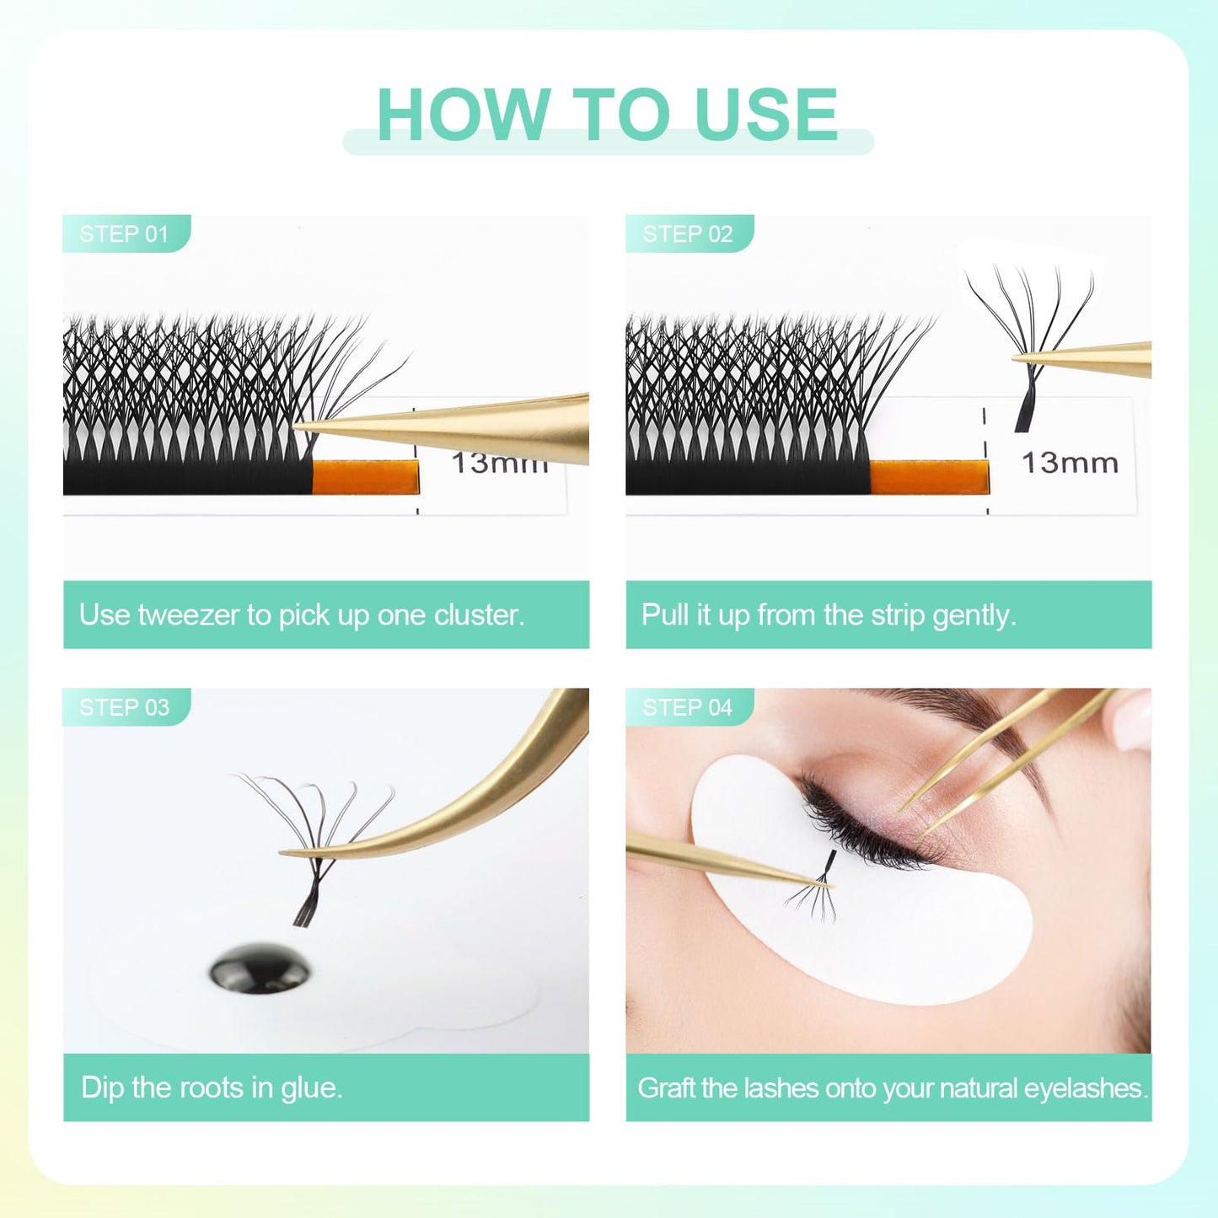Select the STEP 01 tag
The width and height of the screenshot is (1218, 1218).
126,233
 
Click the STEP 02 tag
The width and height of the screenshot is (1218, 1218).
689,233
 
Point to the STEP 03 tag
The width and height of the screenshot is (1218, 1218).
126,706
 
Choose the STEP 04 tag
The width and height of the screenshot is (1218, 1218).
689,706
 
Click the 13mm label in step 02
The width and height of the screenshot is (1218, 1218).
1070,464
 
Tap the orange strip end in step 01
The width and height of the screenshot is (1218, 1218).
365,476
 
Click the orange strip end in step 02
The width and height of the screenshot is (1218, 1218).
929,476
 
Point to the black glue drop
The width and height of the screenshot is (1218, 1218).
260,968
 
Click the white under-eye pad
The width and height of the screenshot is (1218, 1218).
860,885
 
